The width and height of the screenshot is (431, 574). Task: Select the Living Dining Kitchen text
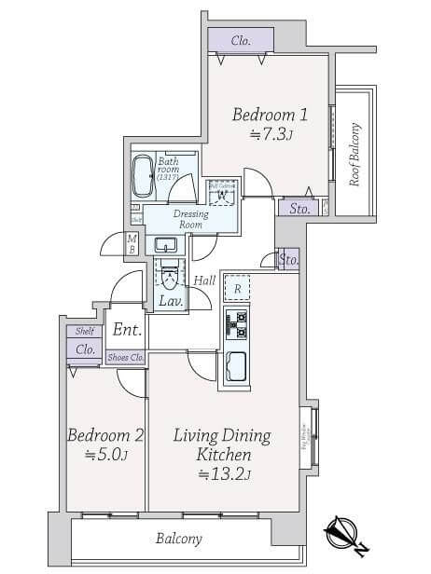tap(222, 445)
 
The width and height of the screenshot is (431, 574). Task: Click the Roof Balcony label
tap(355, 155)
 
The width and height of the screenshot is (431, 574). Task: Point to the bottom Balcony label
tap(178, 539)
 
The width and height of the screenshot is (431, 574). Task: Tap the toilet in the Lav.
tap(170, 277)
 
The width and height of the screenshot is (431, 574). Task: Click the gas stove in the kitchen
tap(236, 324)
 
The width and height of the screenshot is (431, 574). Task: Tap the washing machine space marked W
tap(220, 193)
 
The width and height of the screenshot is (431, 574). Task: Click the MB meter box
tap(132, 244)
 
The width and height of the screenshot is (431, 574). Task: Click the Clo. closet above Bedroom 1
tap(241, 40)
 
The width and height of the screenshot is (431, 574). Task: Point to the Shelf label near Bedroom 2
tap(83, 331)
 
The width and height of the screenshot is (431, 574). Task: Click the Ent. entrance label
tap(126, 330)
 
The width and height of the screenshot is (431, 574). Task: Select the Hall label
tap(204, 280)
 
